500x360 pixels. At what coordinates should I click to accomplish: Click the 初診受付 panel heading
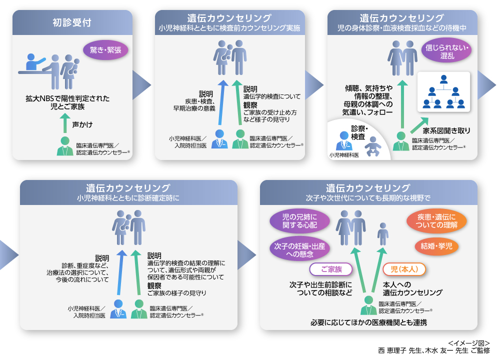[72, 22]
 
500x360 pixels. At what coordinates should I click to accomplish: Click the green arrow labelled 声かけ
[63, 122]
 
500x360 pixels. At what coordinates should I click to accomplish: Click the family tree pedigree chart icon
[443, 92]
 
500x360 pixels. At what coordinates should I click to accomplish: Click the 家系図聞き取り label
[447, 130]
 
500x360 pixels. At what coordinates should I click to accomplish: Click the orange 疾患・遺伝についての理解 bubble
[436, 221]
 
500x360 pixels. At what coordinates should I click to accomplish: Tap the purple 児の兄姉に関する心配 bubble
[299, 220]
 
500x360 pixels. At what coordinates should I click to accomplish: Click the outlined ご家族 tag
[331, 269]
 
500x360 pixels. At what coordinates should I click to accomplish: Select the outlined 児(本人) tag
[404, 269]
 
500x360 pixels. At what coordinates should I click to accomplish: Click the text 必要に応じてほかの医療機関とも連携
[368, 322]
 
